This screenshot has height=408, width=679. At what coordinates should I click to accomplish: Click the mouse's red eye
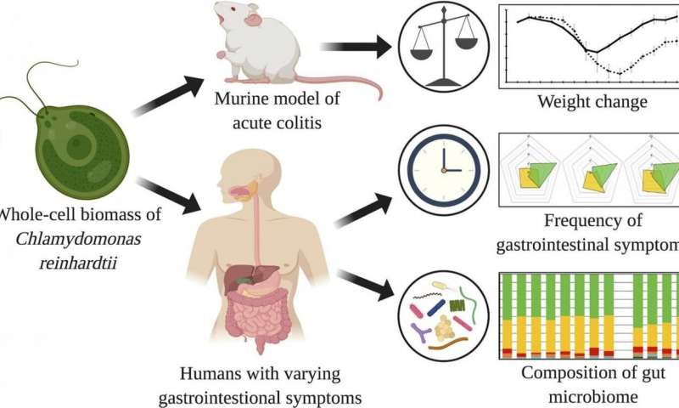pyautogui.click(x=234, y=9)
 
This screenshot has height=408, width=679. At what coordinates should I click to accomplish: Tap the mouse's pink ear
pyautogui.click(x=254, y=20)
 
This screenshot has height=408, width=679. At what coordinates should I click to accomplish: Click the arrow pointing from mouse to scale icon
pyautogui.click(x=356, y=47)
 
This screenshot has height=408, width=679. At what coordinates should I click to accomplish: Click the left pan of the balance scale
pyautogui.click(x=421, y=54)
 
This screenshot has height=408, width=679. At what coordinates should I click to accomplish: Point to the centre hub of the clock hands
pyautogui.click(x=444, y=170)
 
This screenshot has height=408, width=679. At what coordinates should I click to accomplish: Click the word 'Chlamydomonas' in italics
pyautogui.click(x=78, y=240)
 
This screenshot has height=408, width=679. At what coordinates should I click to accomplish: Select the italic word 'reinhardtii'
pyautogui.click(x=78, y=263)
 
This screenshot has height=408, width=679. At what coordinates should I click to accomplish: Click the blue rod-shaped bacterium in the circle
pyautogui.click(x=436, y=308)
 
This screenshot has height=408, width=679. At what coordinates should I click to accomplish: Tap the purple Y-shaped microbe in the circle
pyautogui.click(x=420, y=332)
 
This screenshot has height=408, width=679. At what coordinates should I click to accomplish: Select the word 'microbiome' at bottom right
pyautogui.click(x=593, y=397)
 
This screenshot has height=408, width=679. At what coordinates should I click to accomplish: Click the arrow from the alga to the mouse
pyautogui.click(x=167, y=96)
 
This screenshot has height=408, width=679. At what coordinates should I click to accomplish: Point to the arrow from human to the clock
pyautogui.click(x=364, y=210)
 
